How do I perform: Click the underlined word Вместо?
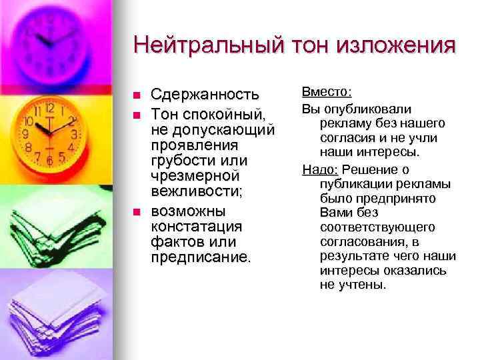coord(327,91)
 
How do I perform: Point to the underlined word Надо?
coord(317,169)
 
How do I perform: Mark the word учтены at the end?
coord(362,285)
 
